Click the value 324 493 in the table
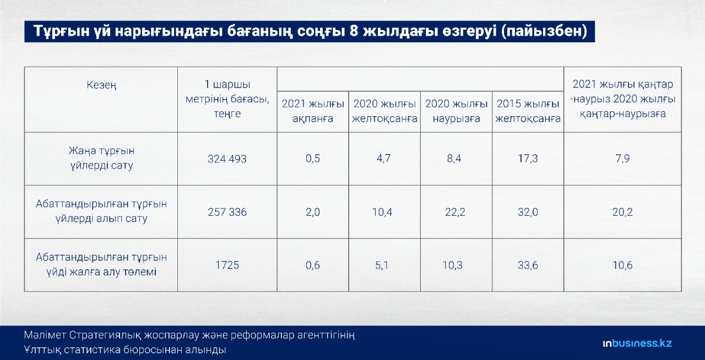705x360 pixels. tap(227, 159)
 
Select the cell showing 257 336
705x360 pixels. tap(227, 212)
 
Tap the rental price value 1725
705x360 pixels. tap(227, 265)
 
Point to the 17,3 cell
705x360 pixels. tap(528, 159)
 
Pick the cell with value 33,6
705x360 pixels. tap(528, 265)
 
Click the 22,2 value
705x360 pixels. tap(455, 212)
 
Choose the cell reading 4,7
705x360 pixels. tap(383, 159)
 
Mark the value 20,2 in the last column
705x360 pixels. tap(622, 212)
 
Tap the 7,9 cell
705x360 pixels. tap(622, 159)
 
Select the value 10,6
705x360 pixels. tap(622, 265)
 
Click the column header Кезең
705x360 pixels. tap(101, 85)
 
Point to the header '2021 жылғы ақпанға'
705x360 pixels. tap(313, 111)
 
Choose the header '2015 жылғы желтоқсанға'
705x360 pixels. tap(528, 111)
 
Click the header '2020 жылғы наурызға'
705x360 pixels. tap(457, 111)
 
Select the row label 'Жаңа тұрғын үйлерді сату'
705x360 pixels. tap(101, 158)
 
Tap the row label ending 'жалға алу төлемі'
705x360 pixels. tap(101, 265)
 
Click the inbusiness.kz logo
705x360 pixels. tap(637, 343)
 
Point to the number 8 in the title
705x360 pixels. tap(354, 31)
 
